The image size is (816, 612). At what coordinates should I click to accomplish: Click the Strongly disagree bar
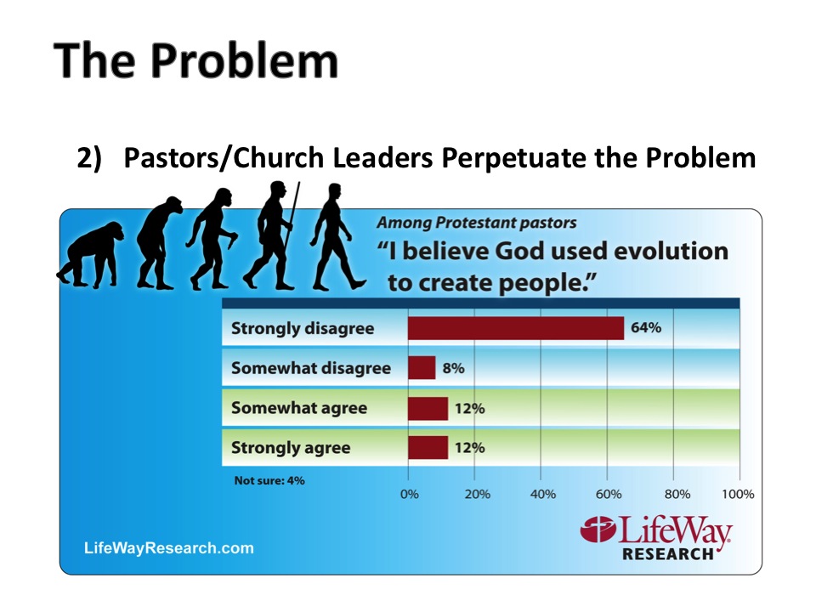(x=516, y=328)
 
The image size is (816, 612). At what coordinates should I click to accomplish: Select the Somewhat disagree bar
(x=422, y=368)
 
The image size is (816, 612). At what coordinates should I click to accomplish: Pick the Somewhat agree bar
(x=428, y=408)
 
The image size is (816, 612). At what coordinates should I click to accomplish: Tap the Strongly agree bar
(x=428, y=448)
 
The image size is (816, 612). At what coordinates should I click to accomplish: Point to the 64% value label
(x=646, y=327)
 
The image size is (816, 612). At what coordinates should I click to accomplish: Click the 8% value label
(x=453, y=368)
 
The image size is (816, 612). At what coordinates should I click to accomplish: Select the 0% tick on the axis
(x=409, y=494)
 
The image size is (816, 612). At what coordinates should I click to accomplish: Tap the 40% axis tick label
(x=543, y=494)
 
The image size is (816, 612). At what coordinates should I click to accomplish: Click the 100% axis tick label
(x=738, y=494)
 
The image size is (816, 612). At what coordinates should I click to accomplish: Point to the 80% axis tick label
(x=677, y=494)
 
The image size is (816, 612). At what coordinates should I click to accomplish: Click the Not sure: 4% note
(x=269, y=480)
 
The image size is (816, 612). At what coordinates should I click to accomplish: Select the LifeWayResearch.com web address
(x=168, y=548)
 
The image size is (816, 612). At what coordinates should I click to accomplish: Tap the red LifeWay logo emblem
(x=598, y=530)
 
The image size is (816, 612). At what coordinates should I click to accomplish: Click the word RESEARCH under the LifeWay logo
(x=668, y=553)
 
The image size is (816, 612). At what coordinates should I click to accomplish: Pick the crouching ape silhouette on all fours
(x=90, y=254)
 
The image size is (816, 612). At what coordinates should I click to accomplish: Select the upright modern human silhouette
(x=338, y=236)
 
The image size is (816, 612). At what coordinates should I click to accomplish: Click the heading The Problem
(x=195, y=61)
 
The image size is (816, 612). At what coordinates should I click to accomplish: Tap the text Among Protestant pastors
(x=477, y=223)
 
